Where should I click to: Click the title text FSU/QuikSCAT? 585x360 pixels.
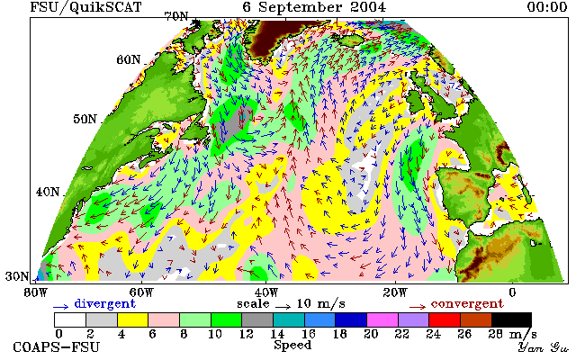pos(85,7)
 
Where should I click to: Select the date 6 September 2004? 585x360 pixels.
pos(314,7)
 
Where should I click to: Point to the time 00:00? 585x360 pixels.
pos(547,6)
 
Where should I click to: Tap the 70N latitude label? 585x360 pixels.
pos(176,16)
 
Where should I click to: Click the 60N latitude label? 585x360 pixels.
pos(129,59)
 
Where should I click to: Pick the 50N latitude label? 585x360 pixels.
pos(85,119)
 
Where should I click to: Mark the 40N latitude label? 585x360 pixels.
pos(48,192)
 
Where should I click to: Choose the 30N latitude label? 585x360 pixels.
pos(17,276)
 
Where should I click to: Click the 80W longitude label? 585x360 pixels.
pos(36,292)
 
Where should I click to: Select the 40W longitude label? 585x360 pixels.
pos(266,292)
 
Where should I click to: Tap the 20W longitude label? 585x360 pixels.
pos(395,292)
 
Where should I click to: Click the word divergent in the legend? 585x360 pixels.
pos(104,303)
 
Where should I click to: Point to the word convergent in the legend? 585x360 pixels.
pos(467,303)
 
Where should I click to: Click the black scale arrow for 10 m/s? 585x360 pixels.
pos(283,307)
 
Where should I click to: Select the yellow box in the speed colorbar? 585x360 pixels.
pos(133,320)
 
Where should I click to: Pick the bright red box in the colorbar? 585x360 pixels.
pos(445,320)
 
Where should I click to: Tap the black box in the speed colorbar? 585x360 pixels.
pos(511,320)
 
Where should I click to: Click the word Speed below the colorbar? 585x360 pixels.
pos(292,345)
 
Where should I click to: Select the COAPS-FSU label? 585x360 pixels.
pos(57,346)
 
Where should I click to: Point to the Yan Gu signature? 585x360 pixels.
pos(544,347)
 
